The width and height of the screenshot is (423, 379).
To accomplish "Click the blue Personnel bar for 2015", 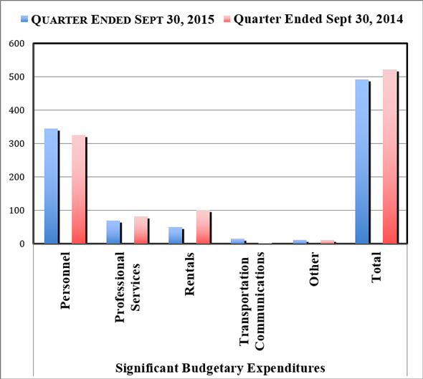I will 51,186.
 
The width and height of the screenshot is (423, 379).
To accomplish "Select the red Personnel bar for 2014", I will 78,190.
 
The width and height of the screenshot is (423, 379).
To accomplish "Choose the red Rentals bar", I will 203,228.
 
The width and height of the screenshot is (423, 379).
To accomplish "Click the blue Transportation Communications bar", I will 237,241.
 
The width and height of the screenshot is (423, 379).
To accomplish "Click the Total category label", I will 376,269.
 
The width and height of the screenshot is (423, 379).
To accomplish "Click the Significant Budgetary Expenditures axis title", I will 220,368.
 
